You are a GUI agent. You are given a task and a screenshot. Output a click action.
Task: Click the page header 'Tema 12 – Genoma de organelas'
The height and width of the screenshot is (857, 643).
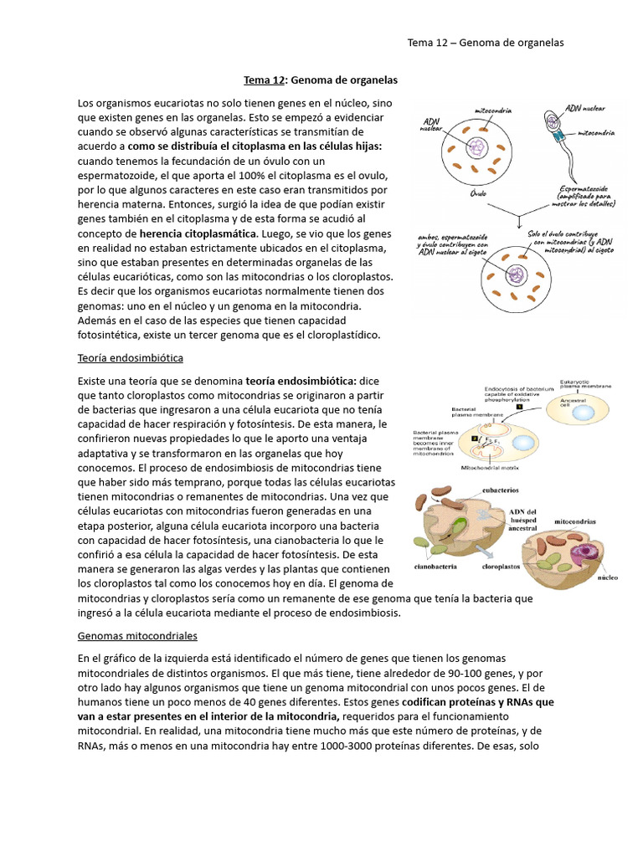click(485, 43)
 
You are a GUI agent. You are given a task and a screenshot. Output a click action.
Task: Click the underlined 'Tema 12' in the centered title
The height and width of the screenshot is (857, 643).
click(264, 80)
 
